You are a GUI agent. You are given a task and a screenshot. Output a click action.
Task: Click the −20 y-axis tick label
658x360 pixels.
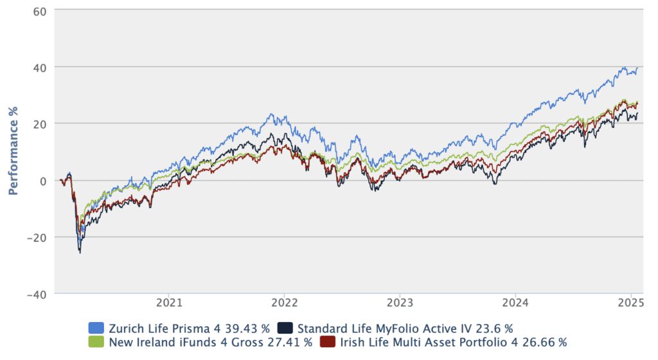37,237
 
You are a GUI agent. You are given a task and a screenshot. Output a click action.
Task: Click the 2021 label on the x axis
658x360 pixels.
167,301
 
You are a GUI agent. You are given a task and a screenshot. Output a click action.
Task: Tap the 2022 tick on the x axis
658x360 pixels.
283,301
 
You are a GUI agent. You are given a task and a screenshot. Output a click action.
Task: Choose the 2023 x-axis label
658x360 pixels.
399,301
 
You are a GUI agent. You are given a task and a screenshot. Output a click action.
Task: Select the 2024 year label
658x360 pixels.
515,301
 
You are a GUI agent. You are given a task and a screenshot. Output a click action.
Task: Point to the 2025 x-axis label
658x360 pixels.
630,301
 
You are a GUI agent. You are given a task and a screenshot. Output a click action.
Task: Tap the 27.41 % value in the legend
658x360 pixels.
288,342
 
